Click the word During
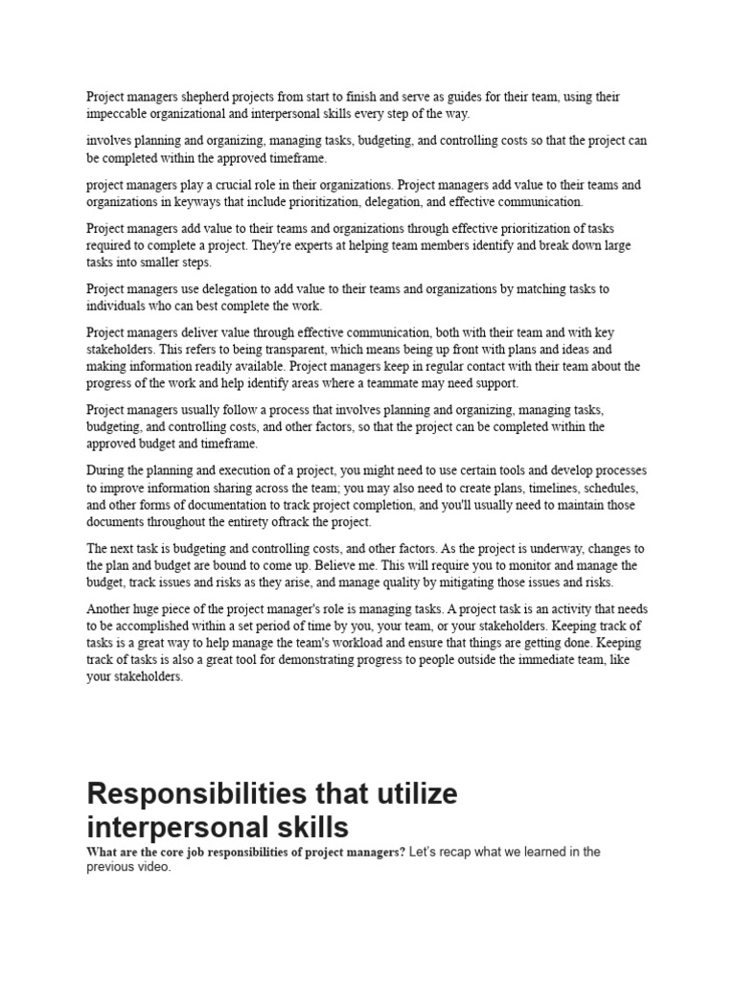(x=105, y=470)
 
